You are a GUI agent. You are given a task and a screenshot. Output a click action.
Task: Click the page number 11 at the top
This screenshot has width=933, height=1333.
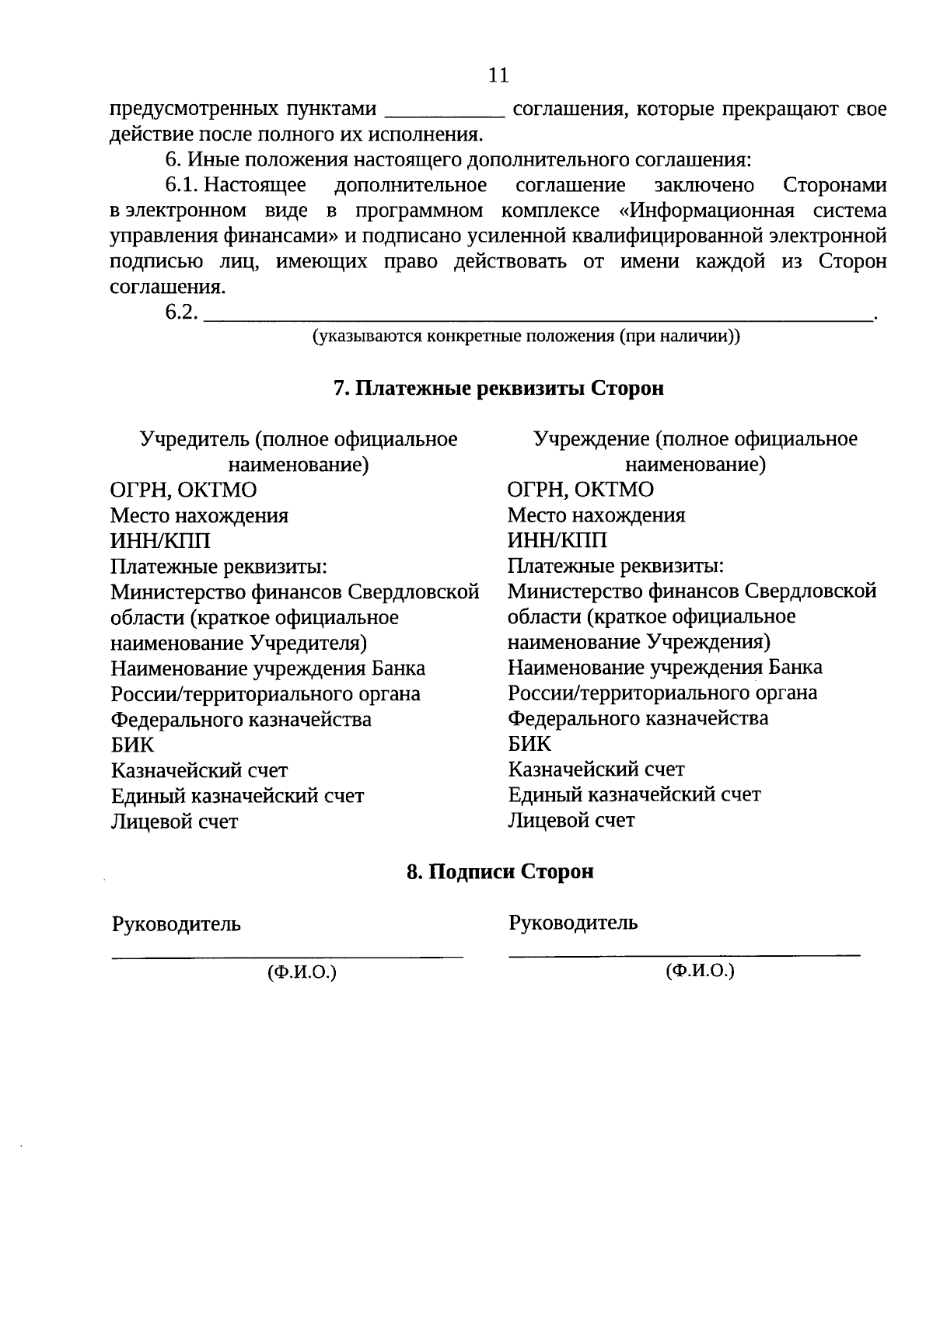tap(498, 75)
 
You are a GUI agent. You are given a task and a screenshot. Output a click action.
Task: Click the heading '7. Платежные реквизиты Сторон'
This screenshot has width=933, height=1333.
tap(498, 388)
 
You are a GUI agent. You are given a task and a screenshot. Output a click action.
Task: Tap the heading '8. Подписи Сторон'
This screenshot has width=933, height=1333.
tap(500, 871)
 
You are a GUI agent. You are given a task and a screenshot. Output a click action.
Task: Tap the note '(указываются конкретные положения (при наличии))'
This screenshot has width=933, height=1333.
tap(526, 337)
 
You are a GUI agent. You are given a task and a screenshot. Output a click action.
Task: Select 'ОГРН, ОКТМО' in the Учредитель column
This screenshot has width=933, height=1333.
tap(183, 490)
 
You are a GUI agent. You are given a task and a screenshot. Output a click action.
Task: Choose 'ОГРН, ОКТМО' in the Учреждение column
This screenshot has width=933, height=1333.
tap(580, 490)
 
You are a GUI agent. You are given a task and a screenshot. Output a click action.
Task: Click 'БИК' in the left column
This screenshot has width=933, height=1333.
tap(132, 745)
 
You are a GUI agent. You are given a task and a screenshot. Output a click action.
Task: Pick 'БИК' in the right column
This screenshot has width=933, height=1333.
tap(529, 743)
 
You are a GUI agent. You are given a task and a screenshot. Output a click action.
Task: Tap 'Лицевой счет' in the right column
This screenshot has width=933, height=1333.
tap(571, 820)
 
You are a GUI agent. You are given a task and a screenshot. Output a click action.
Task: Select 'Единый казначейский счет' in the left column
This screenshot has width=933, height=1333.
tap(237, 796)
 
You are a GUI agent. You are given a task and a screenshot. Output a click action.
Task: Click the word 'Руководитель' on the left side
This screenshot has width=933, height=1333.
tap(176, 924)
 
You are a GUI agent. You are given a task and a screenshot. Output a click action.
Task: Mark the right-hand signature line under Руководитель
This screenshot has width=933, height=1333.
tap(684, 953)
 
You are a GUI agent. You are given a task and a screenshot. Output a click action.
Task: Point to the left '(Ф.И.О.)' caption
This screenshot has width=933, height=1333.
tap(302, 972)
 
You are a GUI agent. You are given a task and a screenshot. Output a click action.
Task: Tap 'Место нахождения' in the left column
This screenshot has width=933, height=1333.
tap(199, 515)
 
